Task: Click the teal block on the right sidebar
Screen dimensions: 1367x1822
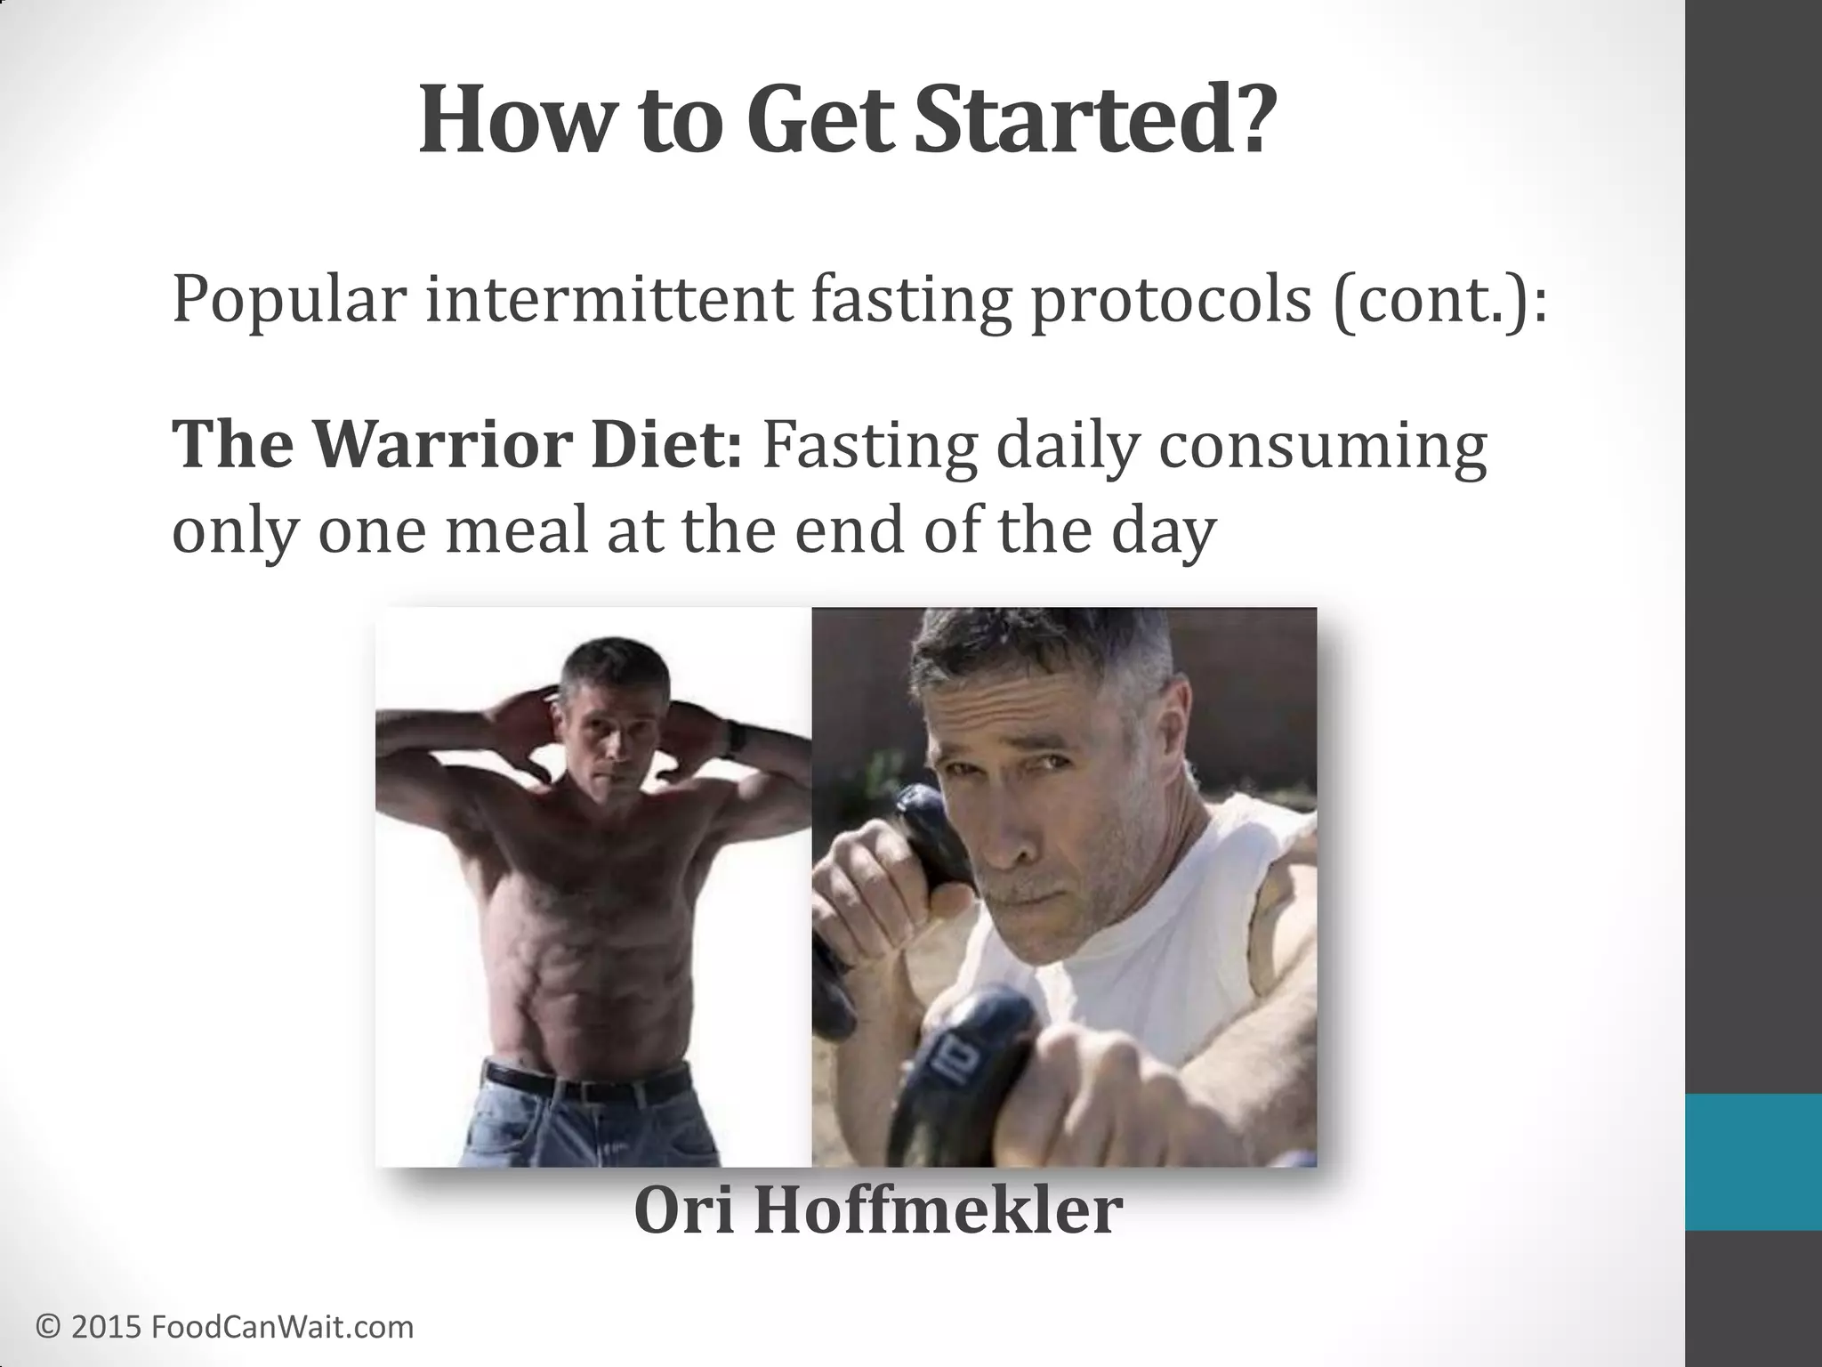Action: (x=1753, y=1161)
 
